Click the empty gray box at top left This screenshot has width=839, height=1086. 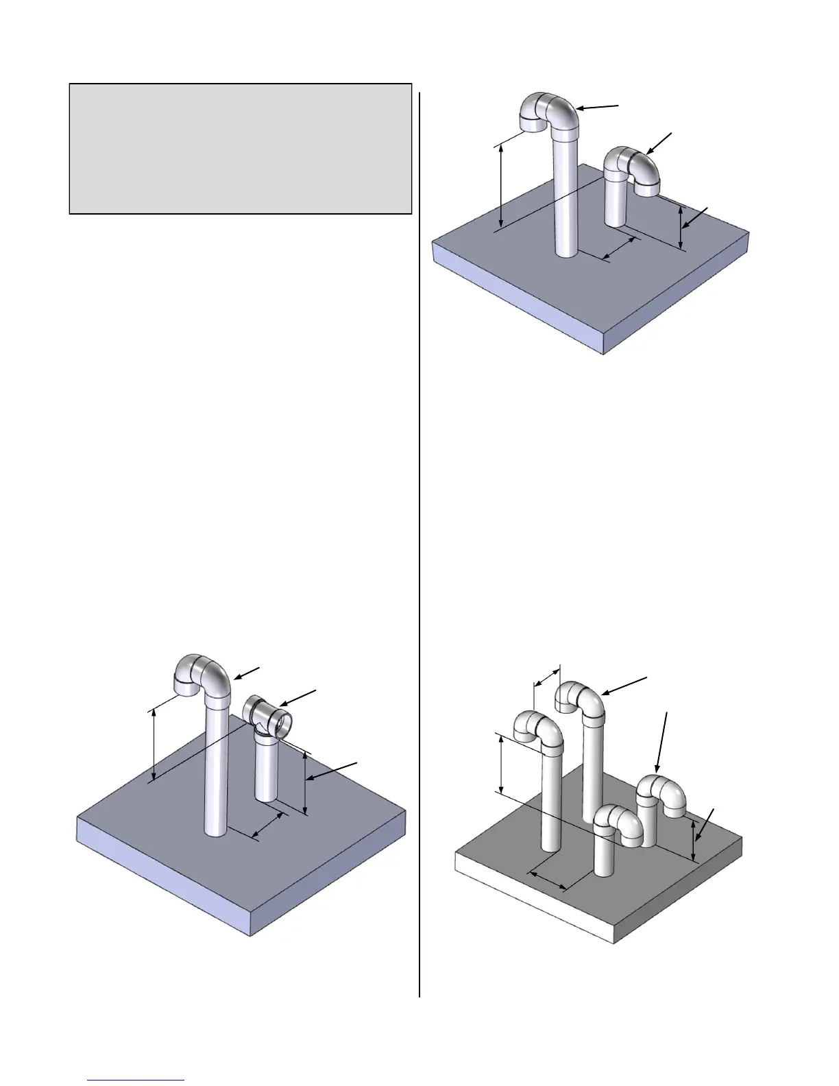(240, 149)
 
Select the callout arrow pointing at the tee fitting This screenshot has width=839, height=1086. (298, 699)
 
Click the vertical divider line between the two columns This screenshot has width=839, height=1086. (419, 542)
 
